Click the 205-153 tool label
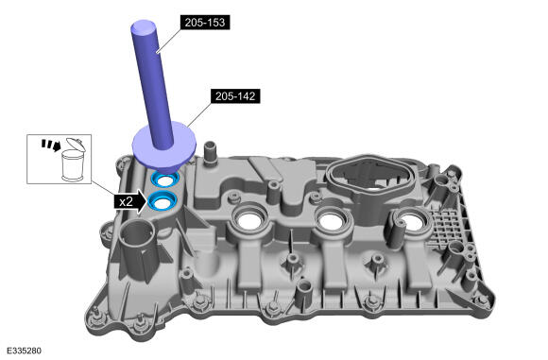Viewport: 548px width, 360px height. click(x=205, y=23)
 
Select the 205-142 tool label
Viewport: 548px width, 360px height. click(x=235, y=96)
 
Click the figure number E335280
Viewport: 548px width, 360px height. click(x=24, y=351)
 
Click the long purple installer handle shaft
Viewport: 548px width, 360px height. click(x=153, y=84)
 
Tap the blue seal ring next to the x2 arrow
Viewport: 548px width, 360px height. click(x=163, y=201)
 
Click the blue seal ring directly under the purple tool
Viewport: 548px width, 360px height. click(x=164, y=179)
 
